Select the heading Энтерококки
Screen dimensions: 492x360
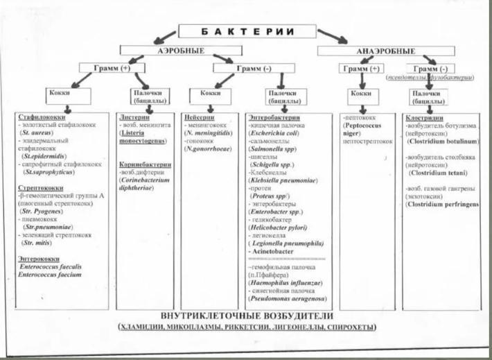pos(37,257)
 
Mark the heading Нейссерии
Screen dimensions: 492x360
pos(202,117)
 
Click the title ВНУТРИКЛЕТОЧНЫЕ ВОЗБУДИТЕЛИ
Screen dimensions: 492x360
pos(245,316)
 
